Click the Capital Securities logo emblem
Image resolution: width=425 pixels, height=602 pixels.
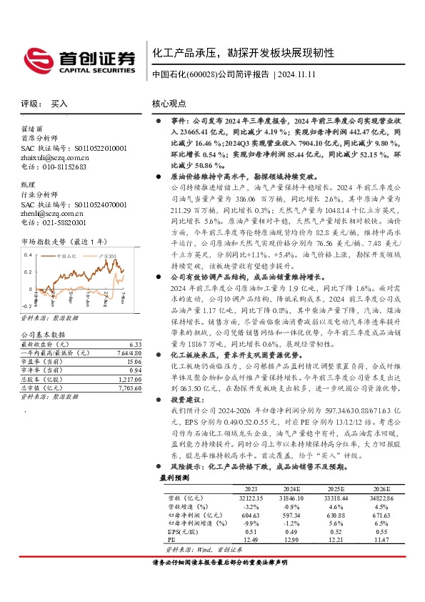[36, 58]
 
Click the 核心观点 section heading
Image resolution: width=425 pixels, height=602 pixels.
[169, 104]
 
